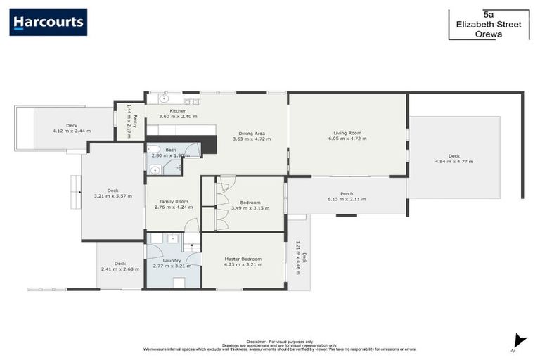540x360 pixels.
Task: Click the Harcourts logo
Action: (48, 22)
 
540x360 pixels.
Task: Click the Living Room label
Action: (347, 133)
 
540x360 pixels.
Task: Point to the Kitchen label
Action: (178, 110)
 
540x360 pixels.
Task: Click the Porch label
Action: (347, 193)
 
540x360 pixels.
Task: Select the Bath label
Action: (170, 149)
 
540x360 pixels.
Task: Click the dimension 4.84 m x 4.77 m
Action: (454, 162)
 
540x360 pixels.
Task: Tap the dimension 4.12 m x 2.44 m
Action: (72, 131)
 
